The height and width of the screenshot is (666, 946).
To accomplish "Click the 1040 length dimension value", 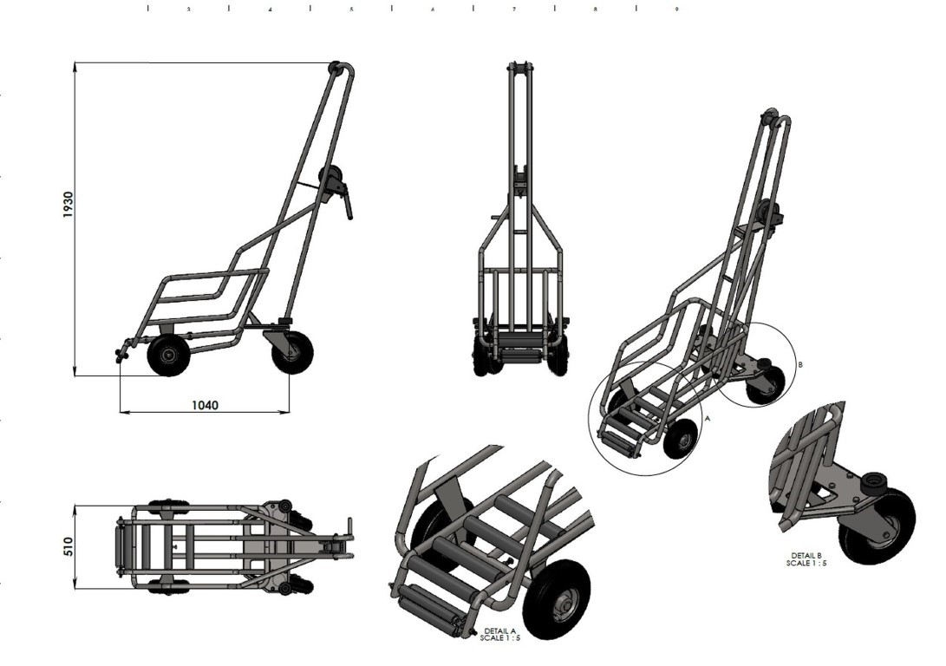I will pyautogui.click(x=205, y=405).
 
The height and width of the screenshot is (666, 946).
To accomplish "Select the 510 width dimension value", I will pyautogui.click(x=69, y=546).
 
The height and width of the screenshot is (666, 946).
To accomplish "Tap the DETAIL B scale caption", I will pyautogui.click(x=806, y=559).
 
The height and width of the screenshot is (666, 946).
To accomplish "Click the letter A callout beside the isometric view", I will pyautogui.click(x=708, y=417).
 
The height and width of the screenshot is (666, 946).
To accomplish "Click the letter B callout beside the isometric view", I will pyautogui.click(x=799, y=365).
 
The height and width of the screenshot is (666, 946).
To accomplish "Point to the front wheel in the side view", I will pyautogui.click(x=168, y=356).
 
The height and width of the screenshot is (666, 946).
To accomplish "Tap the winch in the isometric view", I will pyautogui.click(x=768, y=212).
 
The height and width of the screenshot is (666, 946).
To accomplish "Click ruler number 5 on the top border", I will pyautogui.click(x=351, y=10).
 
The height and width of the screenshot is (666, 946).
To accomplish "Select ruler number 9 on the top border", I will pyautogui.click(x=676, y=10).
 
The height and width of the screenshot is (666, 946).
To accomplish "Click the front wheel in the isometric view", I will pyautogui.click(x=680, y=438).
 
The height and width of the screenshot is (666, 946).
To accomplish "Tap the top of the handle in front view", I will pyautogui.click(x=519, y=68).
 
